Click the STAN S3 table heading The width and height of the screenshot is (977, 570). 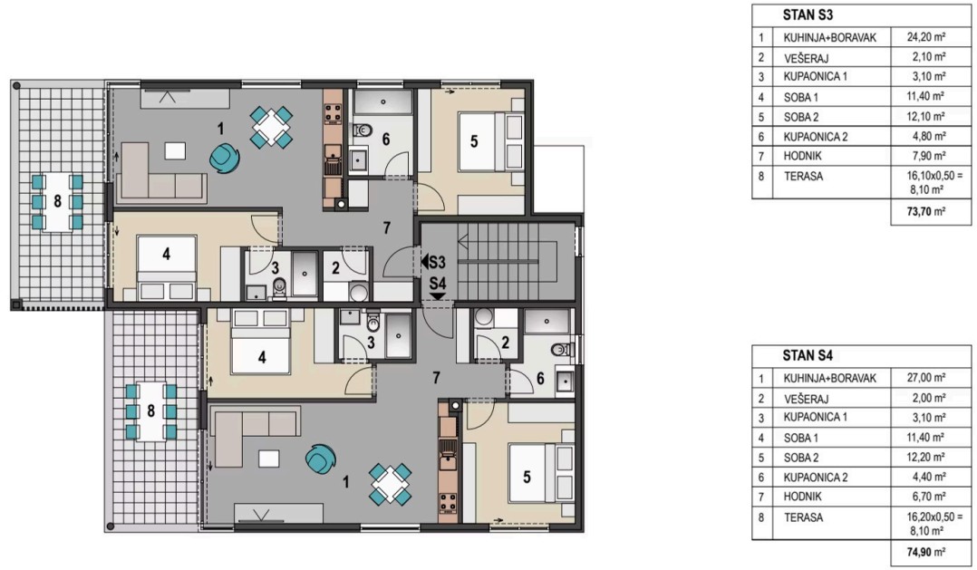(x=808, y=14)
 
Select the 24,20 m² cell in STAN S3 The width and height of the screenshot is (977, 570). (x=926, y=37)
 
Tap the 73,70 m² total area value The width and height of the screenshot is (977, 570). (x=926, y=211)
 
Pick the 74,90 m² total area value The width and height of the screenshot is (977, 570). (x=926, y=551)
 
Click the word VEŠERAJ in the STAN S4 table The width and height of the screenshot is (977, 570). (x=807, y=399)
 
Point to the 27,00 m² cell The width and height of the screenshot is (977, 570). (x=926, y=378)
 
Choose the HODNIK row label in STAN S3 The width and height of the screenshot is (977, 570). (x=803, y=156)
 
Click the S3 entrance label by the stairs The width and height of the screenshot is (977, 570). (x=433, y=262)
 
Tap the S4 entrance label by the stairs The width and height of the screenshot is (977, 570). (x=438, y=288)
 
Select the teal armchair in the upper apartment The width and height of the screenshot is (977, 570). (x=225, y=158)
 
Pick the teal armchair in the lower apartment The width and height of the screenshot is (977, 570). (x=320, y=459)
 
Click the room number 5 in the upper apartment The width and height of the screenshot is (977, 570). (x=474, y=141)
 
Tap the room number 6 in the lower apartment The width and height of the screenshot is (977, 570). (x=540, y=378)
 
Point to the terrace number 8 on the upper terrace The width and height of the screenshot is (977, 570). (x=57, y=201)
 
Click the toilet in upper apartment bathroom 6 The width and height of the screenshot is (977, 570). (x=362, y=130)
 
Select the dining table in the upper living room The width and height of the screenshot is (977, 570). (x=272, y=128)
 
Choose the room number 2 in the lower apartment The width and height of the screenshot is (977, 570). (x=506, y=342)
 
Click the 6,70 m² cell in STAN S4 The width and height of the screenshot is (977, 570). (x=926, y=497)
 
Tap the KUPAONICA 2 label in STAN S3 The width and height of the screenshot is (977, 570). (x=816, y=137)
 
